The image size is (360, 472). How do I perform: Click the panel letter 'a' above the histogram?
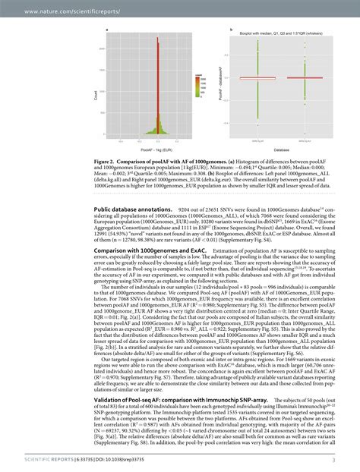tap(106, 30)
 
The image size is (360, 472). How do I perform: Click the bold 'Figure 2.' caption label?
tap(107, 162)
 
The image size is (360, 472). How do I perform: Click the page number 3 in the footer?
tap(333, 458)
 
